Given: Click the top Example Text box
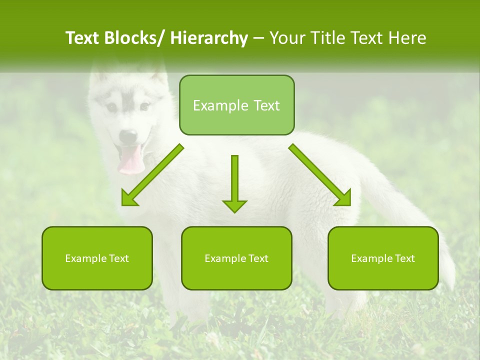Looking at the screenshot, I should (236, 105).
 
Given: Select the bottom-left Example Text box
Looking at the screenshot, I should (97, 258).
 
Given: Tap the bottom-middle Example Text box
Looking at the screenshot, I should (236, 258).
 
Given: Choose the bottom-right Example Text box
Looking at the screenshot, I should (383, 258).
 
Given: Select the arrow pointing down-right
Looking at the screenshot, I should (320, 175).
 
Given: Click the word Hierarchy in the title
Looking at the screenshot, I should (209, 38).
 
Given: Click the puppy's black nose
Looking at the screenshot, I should (128, 135).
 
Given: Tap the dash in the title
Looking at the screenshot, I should (258, 38).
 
